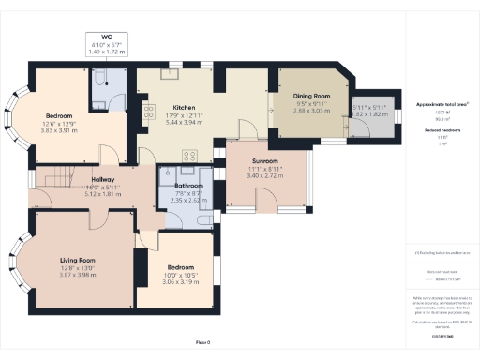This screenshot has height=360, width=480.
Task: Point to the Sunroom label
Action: click(267, 161)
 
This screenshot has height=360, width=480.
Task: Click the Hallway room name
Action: click(103, 178)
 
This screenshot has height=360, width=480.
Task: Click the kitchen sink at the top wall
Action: click(171, 71)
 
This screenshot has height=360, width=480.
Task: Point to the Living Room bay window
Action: click(16, 265)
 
